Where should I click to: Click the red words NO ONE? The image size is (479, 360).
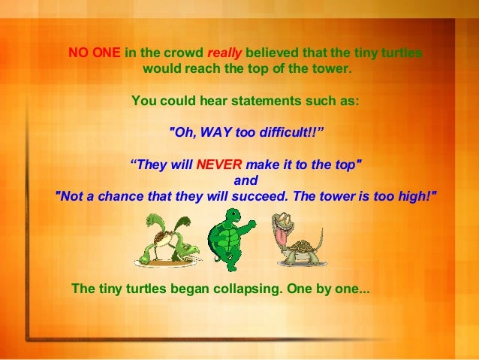[x=89, y=53]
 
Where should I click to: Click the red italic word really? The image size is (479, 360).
[x=224, y=53]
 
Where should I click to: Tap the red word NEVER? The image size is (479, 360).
[x=218, y=165]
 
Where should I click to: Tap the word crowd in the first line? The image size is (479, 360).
[x=182, y=53]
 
